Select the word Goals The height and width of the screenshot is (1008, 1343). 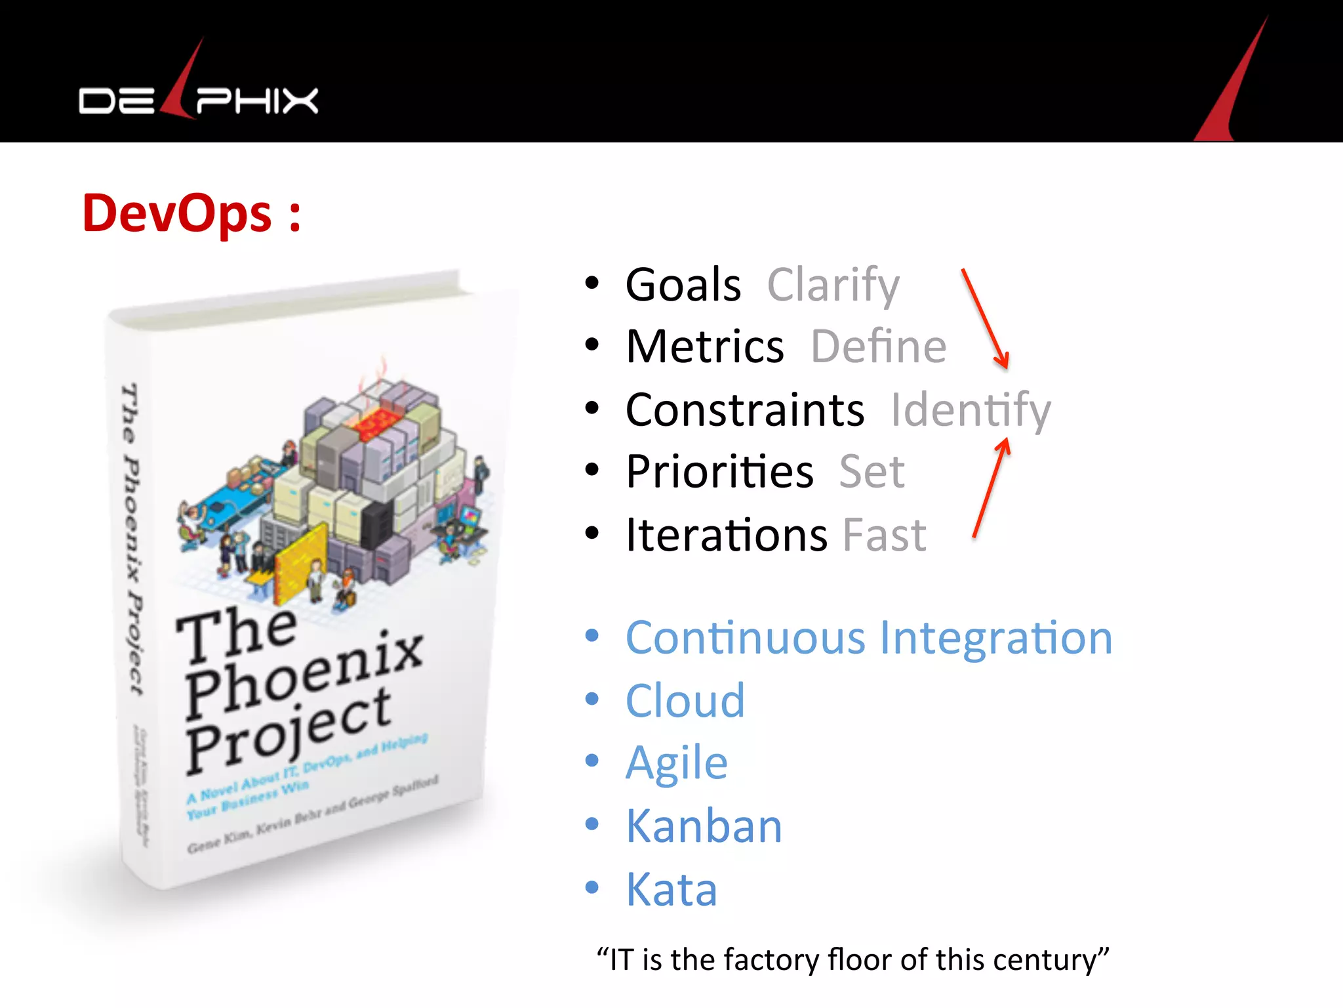point(683,285)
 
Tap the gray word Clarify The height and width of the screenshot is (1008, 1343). point(833,286)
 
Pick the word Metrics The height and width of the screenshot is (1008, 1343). point(704,346)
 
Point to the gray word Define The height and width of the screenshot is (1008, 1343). point(879,346)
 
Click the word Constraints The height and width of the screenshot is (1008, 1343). point(745,409)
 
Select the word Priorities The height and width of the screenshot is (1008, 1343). point(719,471)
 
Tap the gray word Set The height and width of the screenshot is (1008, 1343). point(872,471)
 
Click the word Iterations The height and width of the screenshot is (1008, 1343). point(726,534)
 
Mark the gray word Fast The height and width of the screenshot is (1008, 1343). point(884,534)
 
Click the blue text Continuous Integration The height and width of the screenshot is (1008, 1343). point(869,638)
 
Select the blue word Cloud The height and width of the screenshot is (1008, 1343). point(685,700)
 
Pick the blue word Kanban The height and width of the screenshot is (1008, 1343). point(704,826)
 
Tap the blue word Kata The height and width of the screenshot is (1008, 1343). point(671,889)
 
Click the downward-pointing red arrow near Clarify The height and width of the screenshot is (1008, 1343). point(985,319)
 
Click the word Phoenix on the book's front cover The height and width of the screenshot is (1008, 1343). point(303,676)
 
